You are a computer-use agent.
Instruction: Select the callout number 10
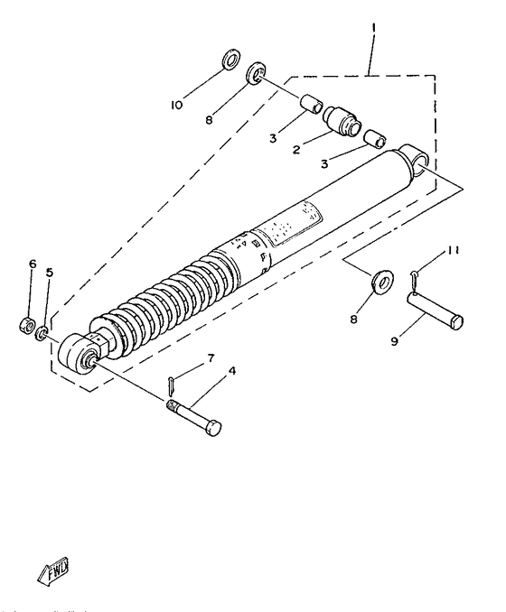(x=176, y=106)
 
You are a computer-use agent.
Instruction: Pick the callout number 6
(x=32, y=264)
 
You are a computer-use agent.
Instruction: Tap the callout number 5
(x=50, y=271)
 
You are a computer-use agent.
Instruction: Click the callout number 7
(x=210, y=358)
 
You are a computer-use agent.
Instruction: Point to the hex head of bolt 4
(x=213, y=428)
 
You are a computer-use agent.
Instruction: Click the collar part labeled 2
(x=345, y=120)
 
